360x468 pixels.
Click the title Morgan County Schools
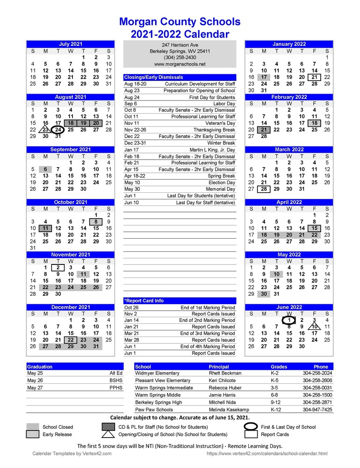point(180,22)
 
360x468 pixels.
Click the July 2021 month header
point(71,44)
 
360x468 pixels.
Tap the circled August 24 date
point(58,130)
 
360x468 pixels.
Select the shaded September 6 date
point(45,169)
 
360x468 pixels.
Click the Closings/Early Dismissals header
point(154,77)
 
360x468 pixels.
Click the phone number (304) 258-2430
point(180,58)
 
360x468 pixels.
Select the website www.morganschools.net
point(180,64)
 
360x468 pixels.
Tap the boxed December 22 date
point(71,340)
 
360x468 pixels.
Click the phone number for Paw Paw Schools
point(317,409)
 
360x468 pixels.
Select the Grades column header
point(279,367)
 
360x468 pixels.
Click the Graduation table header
point(40,367)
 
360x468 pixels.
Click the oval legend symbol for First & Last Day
point(252,427)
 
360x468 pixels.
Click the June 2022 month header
point(289,307)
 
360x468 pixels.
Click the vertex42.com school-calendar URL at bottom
point(266,454)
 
